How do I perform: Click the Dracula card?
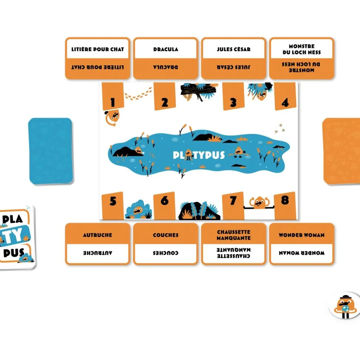point(166,58)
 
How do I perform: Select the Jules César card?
point(233,58)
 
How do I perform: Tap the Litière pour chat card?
point(98,58)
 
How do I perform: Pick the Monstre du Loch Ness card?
point(301,58)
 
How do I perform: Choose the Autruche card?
point(98,244)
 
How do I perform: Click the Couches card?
point(166,244)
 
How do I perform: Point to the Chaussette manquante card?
point(233,244)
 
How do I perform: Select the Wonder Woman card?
point(301,244)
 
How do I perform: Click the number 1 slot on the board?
point(113,96)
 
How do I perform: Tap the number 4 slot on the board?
point(285,96)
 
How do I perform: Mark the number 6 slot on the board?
point(164,206)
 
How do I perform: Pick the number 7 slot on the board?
point(233,206)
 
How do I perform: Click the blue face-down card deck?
point(50,151)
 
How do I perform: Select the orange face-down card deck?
point(341,151)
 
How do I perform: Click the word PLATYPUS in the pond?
point(199,155)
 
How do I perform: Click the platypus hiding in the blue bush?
point(138,210)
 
